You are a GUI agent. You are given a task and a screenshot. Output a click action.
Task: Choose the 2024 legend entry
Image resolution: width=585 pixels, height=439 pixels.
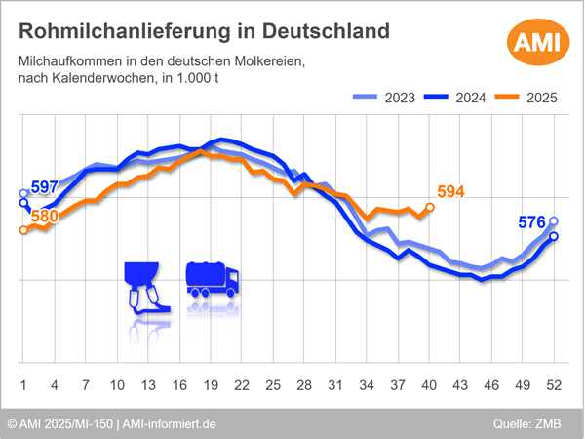[454, 98]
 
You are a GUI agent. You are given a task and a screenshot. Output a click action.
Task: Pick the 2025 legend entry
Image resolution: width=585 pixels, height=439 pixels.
[525, 98]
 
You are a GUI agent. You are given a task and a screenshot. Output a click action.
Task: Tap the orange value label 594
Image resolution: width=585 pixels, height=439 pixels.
[450, 192]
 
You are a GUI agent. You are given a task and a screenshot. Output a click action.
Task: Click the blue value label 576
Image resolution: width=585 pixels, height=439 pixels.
[531, 223]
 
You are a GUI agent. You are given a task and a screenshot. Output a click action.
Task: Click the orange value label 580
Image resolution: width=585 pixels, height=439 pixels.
[44, 215]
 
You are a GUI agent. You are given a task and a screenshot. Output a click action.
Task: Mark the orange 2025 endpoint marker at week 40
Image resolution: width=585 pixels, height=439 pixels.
[430, 207]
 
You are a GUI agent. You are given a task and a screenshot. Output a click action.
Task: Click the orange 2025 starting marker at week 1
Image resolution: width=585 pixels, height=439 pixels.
[23, 230]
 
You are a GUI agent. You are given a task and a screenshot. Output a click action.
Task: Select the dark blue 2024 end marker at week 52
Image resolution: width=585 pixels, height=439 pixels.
[554, 236]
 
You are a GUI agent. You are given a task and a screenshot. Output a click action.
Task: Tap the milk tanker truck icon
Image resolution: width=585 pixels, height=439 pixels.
[212, 279]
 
